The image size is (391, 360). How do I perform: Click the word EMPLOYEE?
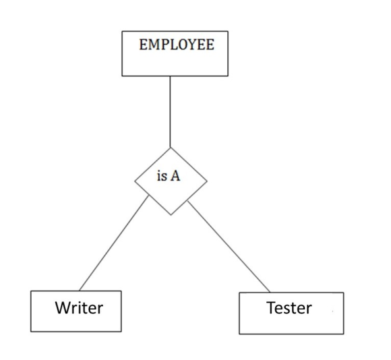click(x=177, y=44)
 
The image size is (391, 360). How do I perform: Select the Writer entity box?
click(x=76, y=311)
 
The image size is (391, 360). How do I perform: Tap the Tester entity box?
click(x=291, y=313)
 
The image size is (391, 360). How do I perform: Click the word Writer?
click(x=79, y=307)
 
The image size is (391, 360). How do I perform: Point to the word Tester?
click(x=289, y=307)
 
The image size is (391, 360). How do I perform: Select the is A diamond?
click(x=171, y=181)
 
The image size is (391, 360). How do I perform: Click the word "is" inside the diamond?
click(x=162, y=176)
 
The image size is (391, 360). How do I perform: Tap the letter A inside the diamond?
click(x=175, y=176)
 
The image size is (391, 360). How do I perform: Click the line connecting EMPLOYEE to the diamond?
click(x=171, y=112)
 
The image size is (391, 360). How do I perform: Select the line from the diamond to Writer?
click(x=114, y=243)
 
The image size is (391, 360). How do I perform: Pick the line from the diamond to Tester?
click(x=229, y=247)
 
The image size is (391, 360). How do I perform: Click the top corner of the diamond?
click(x=171, y=148)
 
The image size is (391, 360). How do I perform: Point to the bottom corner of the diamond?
click(x=171, y=215)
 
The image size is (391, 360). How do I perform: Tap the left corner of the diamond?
click(x=135, y=181)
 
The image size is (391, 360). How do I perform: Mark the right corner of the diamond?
click(x=207, y=181)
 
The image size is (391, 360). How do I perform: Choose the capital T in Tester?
click(x=272, y=307)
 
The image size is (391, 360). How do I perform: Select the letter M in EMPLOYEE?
click(x=155, y=44)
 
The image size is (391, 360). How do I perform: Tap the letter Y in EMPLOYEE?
click(x=191, y=44)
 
